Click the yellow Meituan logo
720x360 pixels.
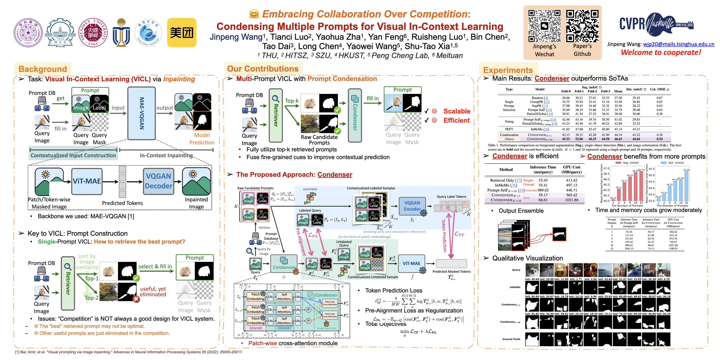(x=182, y=32)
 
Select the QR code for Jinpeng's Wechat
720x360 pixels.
(x=544, y=26)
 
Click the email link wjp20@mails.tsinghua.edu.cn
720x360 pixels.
(x=679, y=44)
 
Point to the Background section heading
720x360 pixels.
(x=43, y=69)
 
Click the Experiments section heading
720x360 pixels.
(x=508, y=70)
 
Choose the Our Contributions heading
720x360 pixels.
(x=263, y=69)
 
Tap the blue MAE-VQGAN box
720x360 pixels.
(x=141, y=113)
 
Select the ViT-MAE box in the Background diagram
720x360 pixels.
(x=87, y=181)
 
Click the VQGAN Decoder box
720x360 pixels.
(x=159, y=181)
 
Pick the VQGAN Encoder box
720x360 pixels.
(x=412, y=206)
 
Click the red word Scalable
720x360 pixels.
(x=457, y=111)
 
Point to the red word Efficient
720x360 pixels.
(x=456, y=120)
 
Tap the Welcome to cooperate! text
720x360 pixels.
(x=661, y=52)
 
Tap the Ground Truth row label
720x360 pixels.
(x=511, y=339)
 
